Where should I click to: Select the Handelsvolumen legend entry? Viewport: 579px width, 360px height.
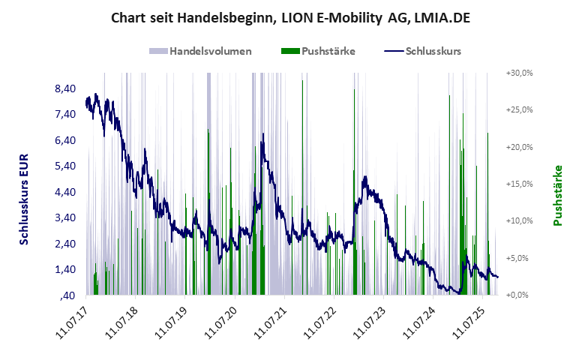[200, 52]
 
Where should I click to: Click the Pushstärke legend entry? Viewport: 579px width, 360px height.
[317, 52]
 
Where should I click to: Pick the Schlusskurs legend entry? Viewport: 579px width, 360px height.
[422, 52]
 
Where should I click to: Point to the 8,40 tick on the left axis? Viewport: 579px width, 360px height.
[66, 88]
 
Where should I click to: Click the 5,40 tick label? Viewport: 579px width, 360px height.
[66, 166]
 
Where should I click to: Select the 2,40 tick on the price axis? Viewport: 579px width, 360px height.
[66, 244]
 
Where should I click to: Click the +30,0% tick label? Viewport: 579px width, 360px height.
[519, 73]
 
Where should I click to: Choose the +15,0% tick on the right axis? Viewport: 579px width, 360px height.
[519, 184]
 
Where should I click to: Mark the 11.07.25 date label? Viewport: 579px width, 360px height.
[463, 322]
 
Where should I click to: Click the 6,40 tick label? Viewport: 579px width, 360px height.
[66, 140]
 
